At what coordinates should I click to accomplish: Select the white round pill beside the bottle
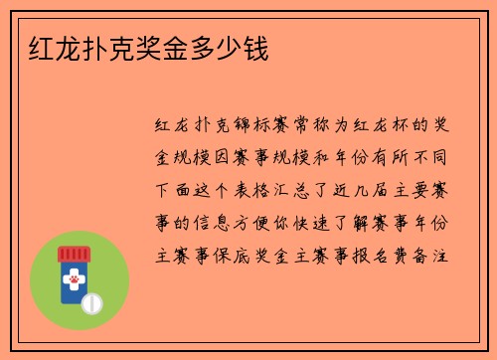coord(91,302)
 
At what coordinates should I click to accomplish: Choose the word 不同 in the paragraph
coord(433,158)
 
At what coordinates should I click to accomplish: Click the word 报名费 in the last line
coord(382,254)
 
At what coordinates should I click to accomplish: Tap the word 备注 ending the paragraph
coord(433,254)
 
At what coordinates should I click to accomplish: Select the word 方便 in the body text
coord(251,222)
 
